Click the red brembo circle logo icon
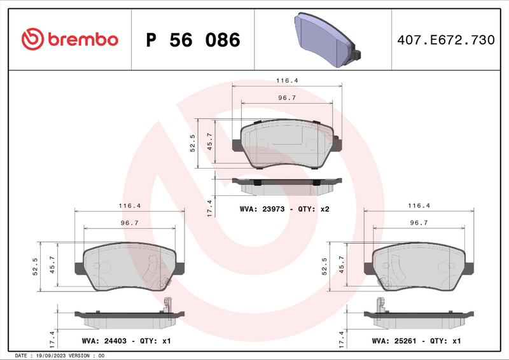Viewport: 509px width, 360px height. pos(32,39)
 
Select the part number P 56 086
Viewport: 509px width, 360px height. pos(193,40)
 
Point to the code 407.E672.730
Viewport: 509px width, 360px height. pos(445,40)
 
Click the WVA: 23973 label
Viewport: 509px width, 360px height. pos(264,209)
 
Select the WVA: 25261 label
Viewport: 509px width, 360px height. pos(397,341)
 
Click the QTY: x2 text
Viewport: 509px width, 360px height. pos(315,209)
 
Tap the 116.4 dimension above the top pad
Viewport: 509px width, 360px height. pos(287,81)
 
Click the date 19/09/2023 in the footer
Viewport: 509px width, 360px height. pos(52,356)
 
